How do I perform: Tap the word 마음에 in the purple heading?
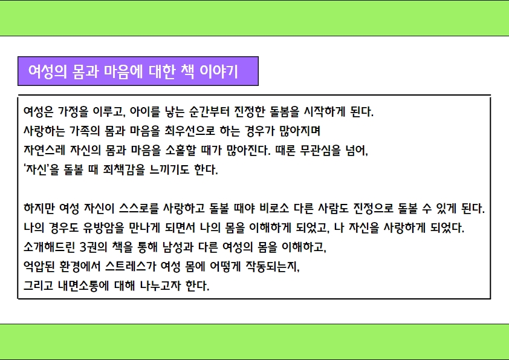coord(123,71)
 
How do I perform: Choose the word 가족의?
coord(85,131)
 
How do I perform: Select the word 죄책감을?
coord(125,169)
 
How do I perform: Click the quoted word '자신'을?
coord(41,169)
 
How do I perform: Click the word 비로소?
coord(274,208)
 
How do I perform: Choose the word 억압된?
coord(39,266)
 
